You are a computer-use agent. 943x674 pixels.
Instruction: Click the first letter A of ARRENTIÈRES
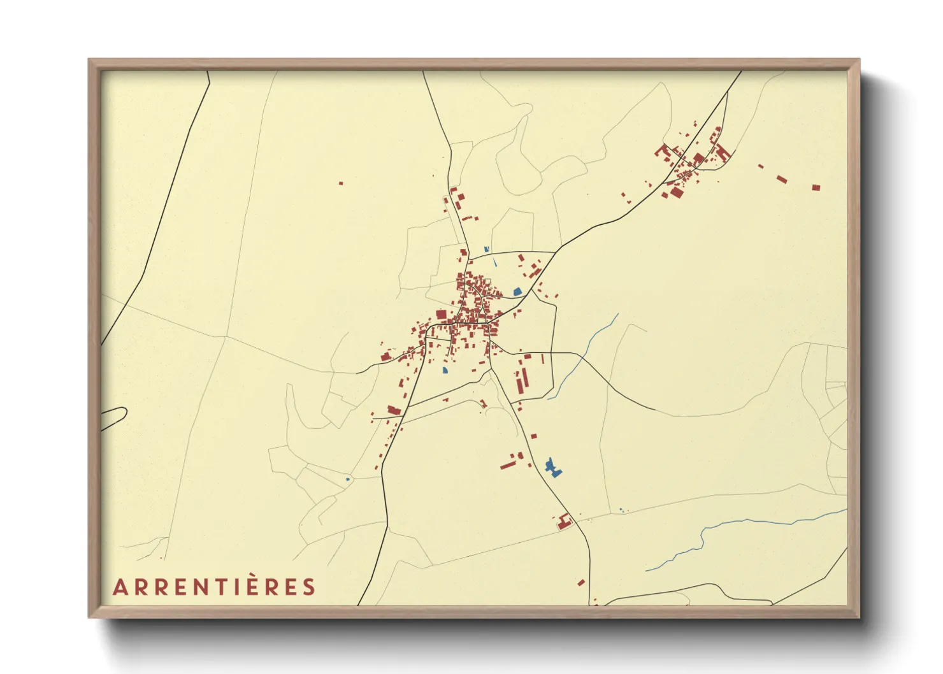[x=119, y=587]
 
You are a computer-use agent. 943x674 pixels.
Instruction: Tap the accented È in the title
[x=252, y=585]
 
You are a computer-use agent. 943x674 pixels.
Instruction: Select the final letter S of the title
[x=309, y=587]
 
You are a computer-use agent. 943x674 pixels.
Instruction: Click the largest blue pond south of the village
[x=553, y=468]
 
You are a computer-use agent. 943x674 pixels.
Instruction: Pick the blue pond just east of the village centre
[x=517, y=291]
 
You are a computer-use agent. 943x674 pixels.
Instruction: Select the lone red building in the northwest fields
[x=341, y=183]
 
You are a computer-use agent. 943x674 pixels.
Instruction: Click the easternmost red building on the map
[x=816, y=187]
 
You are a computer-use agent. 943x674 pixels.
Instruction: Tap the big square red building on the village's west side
[x=441, y=315]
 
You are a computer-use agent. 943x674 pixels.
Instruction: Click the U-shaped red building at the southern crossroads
[x=563, y=522]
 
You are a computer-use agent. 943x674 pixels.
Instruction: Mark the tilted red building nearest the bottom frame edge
[x=581, y=582]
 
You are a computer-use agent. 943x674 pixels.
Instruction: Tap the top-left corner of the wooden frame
[x=90, y=61]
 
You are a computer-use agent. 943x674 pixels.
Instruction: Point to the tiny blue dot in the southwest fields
[x=347, y=479]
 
